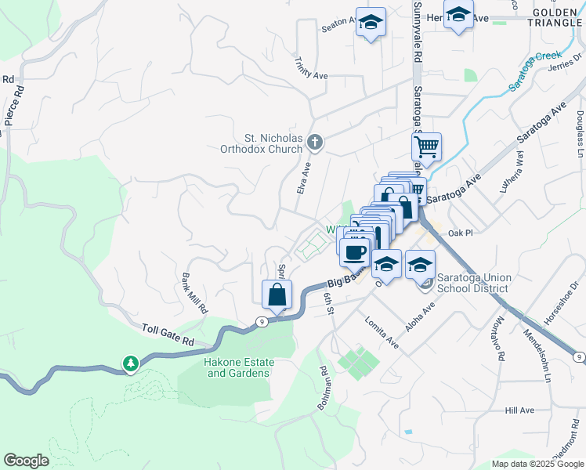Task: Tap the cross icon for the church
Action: [x=315, y=142]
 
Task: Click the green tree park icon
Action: [x=131, y=364]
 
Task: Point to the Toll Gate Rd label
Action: [x=168, y=334]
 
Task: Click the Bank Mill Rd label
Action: [x=194, y=293]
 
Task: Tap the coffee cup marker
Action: [x=355, y=251]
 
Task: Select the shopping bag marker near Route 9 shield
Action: [x=277, y=295]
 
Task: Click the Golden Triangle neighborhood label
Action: [x=557, y=18]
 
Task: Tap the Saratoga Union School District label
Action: [x=472, y=283]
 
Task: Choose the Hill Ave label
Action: [x=519, y=410]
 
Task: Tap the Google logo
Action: [x=27, y=461]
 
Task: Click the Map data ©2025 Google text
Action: [x=537, y=463]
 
